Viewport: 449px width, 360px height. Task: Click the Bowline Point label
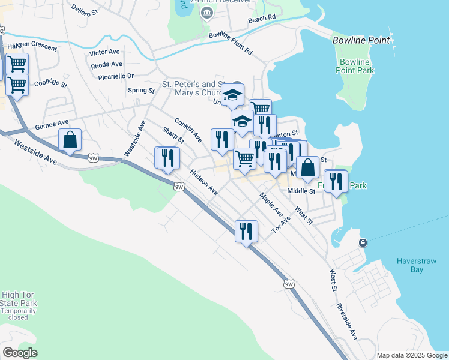(x=361, y=41)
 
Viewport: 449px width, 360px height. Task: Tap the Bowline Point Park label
(x=356, y=66)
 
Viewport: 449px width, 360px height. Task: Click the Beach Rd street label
(x=262, y=20)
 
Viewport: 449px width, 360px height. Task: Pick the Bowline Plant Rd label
(x=231, y=43)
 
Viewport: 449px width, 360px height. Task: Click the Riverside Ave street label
(x=347, y=325)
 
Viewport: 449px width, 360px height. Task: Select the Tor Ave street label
(x=280, y=225)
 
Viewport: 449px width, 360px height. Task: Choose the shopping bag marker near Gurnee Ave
(x=70, y=140)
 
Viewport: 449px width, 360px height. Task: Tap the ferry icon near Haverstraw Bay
(x=363, y=242)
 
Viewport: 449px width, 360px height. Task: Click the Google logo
(x=20, y=353)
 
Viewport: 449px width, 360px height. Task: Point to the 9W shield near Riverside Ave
(x=289, y=284)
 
